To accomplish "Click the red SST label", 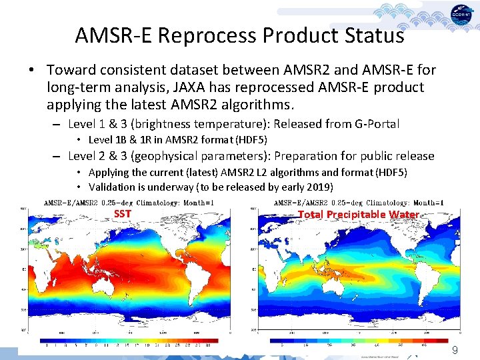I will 122,214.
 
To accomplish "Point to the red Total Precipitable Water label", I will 358,214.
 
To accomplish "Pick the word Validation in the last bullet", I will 112,187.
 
